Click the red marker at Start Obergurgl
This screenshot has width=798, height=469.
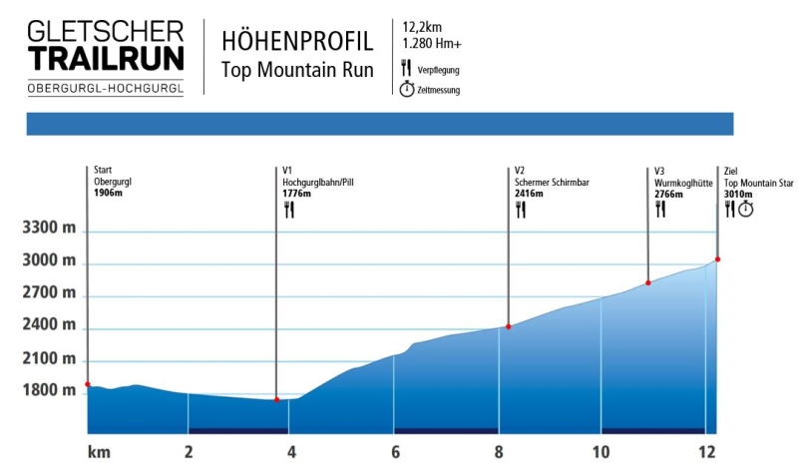tap(88, 384)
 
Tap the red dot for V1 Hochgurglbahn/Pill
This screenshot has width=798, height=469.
tap(276, 400)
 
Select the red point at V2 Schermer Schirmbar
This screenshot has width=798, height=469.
tap(509, 326)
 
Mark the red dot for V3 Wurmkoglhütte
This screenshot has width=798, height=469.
tap(648, 283)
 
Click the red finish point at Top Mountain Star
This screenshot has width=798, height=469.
tap(718, 259)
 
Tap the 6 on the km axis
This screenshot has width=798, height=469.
tap(395, 451)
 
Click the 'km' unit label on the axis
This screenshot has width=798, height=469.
tap(98, 451)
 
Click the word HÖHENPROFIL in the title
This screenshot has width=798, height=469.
tap(297, 42)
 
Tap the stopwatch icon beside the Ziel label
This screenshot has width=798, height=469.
tap(745, 210)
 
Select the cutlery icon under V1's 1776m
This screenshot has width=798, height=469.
tap(289, 210)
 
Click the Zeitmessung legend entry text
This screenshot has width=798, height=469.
tap(439, 90)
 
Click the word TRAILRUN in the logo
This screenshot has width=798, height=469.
tap(106, 58)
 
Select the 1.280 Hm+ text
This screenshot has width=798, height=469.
tap(432, 44)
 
